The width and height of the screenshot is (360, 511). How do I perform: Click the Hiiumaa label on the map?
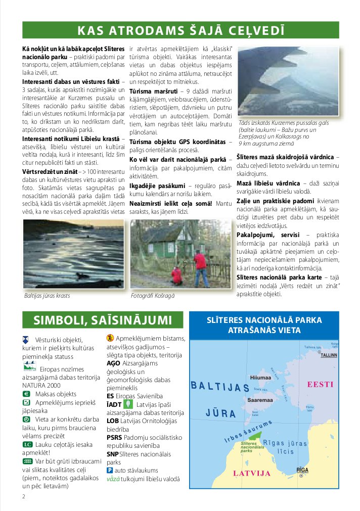pos(261,377)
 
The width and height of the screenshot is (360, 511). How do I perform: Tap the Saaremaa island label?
pos(261,399)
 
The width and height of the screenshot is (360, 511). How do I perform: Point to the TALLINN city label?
pos(329,355)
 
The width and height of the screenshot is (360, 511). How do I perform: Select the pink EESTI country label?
pos(320,384)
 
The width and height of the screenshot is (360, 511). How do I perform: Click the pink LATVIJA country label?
pos(251,473)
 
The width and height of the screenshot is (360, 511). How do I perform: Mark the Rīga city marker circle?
pos(301,476)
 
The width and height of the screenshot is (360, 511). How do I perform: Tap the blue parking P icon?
pos(110,470)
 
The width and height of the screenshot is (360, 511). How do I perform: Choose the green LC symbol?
pos(27,444)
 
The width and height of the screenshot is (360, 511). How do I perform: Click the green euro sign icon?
pos(26,393)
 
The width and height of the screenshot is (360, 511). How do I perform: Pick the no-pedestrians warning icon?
pos(110,338)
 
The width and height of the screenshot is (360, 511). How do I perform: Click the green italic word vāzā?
pos(113,479)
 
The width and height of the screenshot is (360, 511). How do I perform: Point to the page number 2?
pos(24,496)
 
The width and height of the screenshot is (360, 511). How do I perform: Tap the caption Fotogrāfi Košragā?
pos(153,296)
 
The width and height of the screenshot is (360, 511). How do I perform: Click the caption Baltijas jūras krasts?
pos(47,296)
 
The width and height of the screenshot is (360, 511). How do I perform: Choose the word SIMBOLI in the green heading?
pos(57,320)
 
